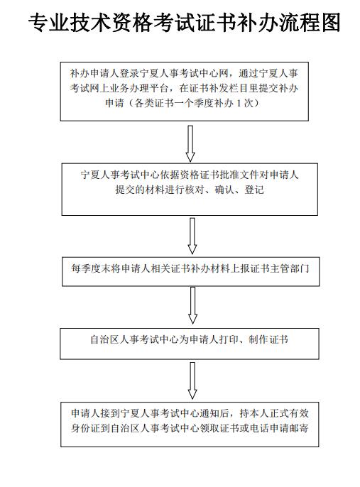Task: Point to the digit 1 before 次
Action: [239, 103]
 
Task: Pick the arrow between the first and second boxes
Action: [190, 143]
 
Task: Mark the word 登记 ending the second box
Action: [254, 190]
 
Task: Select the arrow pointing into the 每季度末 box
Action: [192, 236]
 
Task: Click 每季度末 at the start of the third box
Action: [91, 268]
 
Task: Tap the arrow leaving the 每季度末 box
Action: [193, 305]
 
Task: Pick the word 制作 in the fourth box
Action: [258, 339]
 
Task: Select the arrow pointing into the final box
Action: [192, 381]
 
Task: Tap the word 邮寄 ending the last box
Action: [299, 428]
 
